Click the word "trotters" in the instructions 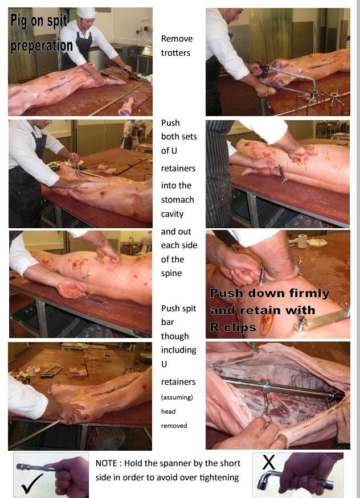pyautogui.click(x=175, y=53)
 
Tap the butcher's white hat pyautogui.click(x=86, y=13)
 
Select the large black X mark pyautogui.click(x=268, y=462)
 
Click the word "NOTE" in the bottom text pyautogui.click(x=106, y=463)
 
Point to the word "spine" pyautogui.click(x=171, y=273)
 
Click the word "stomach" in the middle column pyautogui.click(x=177, y=200)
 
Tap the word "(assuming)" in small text pyautogui.click(x=177, y=397)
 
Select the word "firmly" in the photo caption pyautogui.click(x=309, y=294)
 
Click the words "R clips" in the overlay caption pyautogui.click(x=232, y=327)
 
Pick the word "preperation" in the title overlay pyautogui.click(x=42, y=46)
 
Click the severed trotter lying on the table pyautogui.click(x=126, y=106)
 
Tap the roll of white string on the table pyautogui.click(x=302, y=241)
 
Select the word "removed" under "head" pyautogui.click(x=174, y=426)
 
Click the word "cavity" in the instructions pyautogui.click(x=172, y=214)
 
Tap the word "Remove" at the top pyautogui.click(x=177, y=39)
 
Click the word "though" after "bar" pyautogui.click(x=175, y=336)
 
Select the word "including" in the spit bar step pyautogui.click(x=178, y=350)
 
